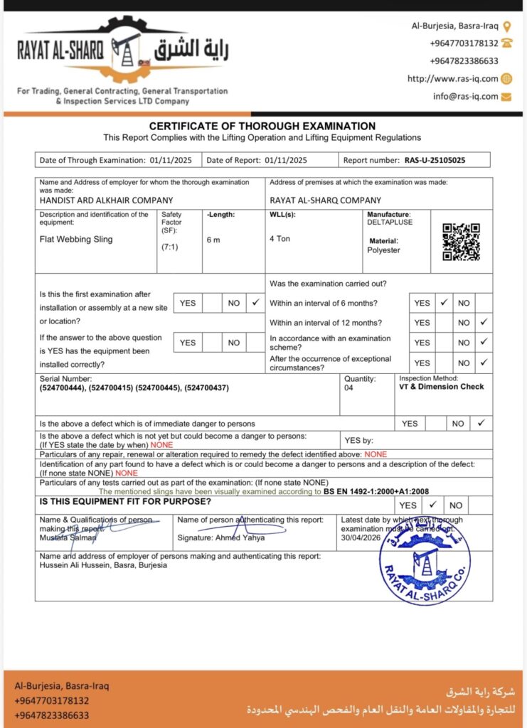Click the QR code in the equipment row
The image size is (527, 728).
(x=461, y=242)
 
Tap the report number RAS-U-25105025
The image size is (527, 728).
(x=435, y=160)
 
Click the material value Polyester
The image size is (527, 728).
(x=383, y=250)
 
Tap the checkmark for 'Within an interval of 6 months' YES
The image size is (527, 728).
(x=443, y=303)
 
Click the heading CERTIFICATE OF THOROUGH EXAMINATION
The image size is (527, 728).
(x=262, y=126)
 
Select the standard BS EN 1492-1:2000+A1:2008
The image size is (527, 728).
(x=376, y=491)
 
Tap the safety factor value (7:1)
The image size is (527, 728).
(x=171, y=247)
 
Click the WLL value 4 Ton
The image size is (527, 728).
(x=280, y=239)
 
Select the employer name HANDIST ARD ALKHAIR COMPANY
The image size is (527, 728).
(x=106, y=200)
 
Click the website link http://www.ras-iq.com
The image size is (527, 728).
(x=452, y=79)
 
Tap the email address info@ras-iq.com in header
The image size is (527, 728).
(x=465, y=96)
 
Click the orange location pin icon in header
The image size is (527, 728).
(x=506, y=26)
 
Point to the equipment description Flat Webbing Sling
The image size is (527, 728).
(x=76, y=240)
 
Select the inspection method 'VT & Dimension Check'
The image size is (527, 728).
(x=441, y=387)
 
